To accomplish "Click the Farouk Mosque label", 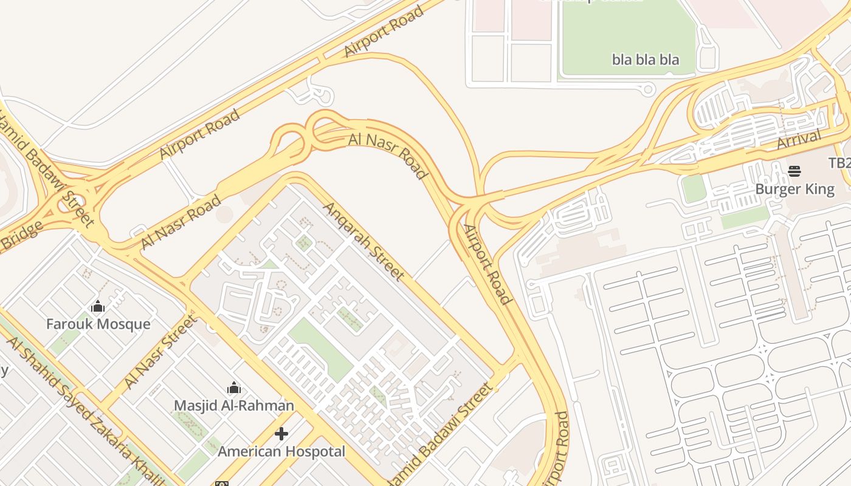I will click(x=98, y=324).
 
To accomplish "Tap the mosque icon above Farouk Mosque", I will click(x=98, y=306).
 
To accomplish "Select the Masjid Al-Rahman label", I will click(x=234, y=405).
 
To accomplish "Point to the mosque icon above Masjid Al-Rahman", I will click(x=234, y=388).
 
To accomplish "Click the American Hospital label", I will click(x=281, y=451).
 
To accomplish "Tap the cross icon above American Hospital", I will click(x=281, y=434).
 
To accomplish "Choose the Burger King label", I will click(x=794, y=189).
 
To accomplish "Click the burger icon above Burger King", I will click(x=794, y=171).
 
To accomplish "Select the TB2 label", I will click(x=840, y=163).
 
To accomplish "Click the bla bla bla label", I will click(x=645, y=60).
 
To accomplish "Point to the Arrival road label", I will click(x=799, y=140).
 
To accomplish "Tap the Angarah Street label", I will click(x=363, y=242).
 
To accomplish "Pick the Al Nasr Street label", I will click(x=160, y=351).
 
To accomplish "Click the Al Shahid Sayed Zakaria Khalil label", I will click(x=85, y=411).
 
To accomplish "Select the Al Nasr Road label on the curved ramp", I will click(x=388, y=154).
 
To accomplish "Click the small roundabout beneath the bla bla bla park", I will click(x=648, y=90).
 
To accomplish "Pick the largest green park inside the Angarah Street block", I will click(x=320, y=350).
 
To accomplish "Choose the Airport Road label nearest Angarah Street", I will click(x=487, y=264).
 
